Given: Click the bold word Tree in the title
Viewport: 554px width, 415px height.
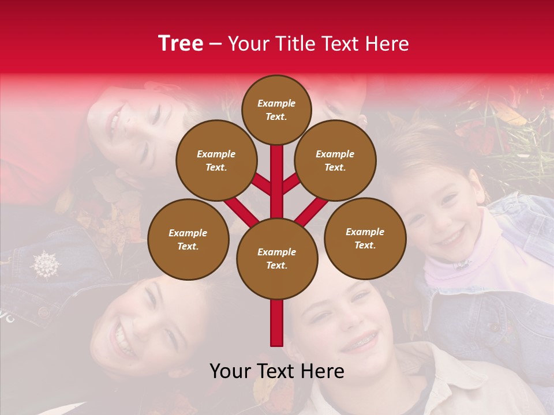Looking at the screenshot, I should click(x=181, y=44).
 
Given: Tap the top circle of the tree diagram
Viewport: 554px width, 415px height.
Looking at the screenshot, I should click(x=276, y=110).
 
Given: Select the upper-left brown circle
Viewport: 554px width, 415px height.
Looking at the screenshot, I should click(x=216, y=160).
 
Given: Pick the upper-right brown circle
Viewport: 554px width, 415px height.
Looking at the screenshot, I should click(x=335, y=160).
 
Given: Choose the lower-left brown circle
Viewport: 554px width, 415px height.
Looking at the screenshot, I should click(x=188, y=239).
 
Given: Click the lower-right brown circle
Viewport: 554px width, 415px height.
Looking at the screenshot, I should click(x=365, y=238).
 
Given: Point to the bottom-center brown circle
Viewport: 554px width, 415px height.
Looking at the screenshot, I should click(x=277, y=258).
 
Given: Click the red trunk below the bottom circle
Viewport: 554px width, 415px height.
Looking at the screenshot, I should click(x=277, y=323).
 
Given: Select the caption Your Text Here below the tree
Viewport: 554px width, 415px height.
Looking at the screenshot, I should click(x=277, y=371).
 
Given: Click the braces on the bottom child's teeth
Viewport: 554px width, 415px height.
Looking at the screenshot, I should click(x=360, y=341).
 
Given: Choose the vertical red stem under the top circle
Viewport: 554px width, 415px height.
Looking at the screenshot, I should click(x=277, y=173).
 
